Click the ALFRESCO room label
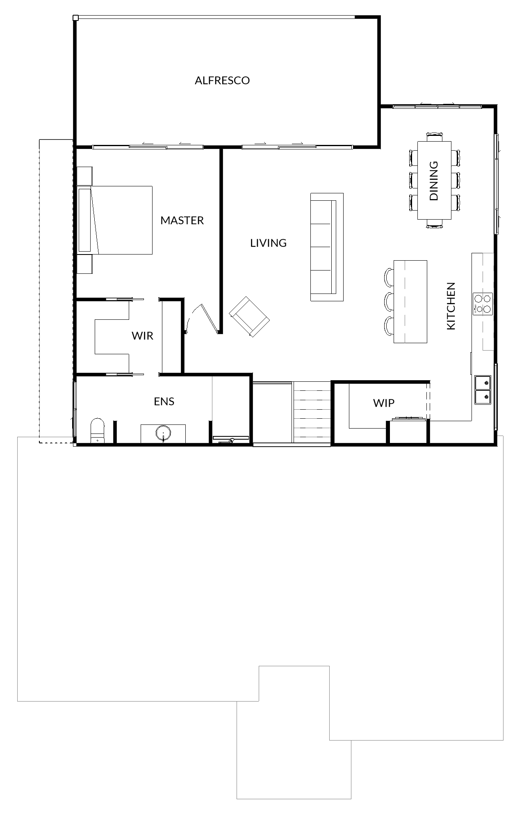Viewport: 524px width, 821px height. pyautogui.click(x=222, y=80)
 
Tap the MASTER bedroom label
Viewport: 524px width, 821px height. pyautogui.click(x=182, y=220)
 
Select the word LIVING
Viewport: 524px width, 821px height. pyautogui.click(x=269, y=243)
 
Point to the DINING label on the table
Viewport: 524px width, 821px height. pyautogui.click(x=434, y=181)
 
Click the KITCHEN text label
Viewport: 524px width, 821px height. pyautogui.click(x=451, y=306)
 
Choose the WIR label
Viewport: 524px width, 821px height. pyautogui.click(x=142, y=336)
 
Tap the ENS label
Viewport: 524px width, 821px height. pyautogui.click(x=164, y=401)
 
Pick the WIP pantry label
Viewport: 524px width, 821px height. pyautogui.click(x=384, y=403)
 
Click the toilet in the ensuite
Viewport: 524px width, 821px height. pyautogui.click(x=97, y=431)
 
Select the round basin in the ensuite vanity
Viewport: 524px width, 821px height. pyautogui.click(x=163, y=433)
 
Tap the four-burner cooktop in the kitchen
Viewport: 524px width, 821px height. pyautogui.click(x=483, y=304)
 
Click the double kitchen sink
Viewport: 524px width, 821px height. pyautogui.click(x=483, y=390)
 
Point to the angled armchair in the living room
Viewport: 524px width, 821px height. pyautogui.click(x=249, y=316)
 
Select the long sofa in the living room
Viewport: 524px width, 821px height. pyautogui.click(x=327, y=247)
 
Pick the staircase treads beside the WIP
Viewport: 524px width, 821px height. pyautogui.click(x=312, y=412)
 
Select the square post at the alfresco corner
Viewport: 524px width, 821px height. pyautogui.click(x=75, y=18)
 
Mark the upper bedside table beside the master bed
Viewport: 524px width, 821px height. pyautogui.click(x=85, y=176)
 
